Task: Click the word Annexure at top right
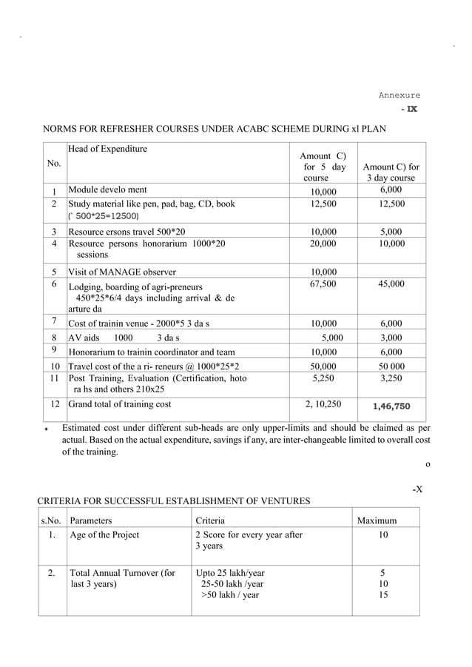click(x=399, y=95)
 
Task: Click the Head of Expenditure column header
click(x=107, y=149)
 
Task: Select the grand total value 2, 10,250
click(x=323, y=405)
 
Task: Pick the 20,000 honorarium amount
click(x=323, y=243)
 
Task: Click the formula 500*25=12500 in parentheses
click(x=103, y=216)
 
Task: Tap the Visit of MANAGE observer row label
click(x=122, y=272)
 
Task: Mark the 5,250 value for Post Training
click(x=323, y=378)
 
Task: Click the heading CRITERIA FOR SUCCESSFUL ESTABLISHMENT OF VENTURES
click(x=174, y=501)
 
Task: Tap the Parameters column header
click(x=92, y=521)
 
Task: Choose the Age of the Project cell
click(x=104, y=535)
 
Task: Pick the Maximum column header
click(x=377, y=521)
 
